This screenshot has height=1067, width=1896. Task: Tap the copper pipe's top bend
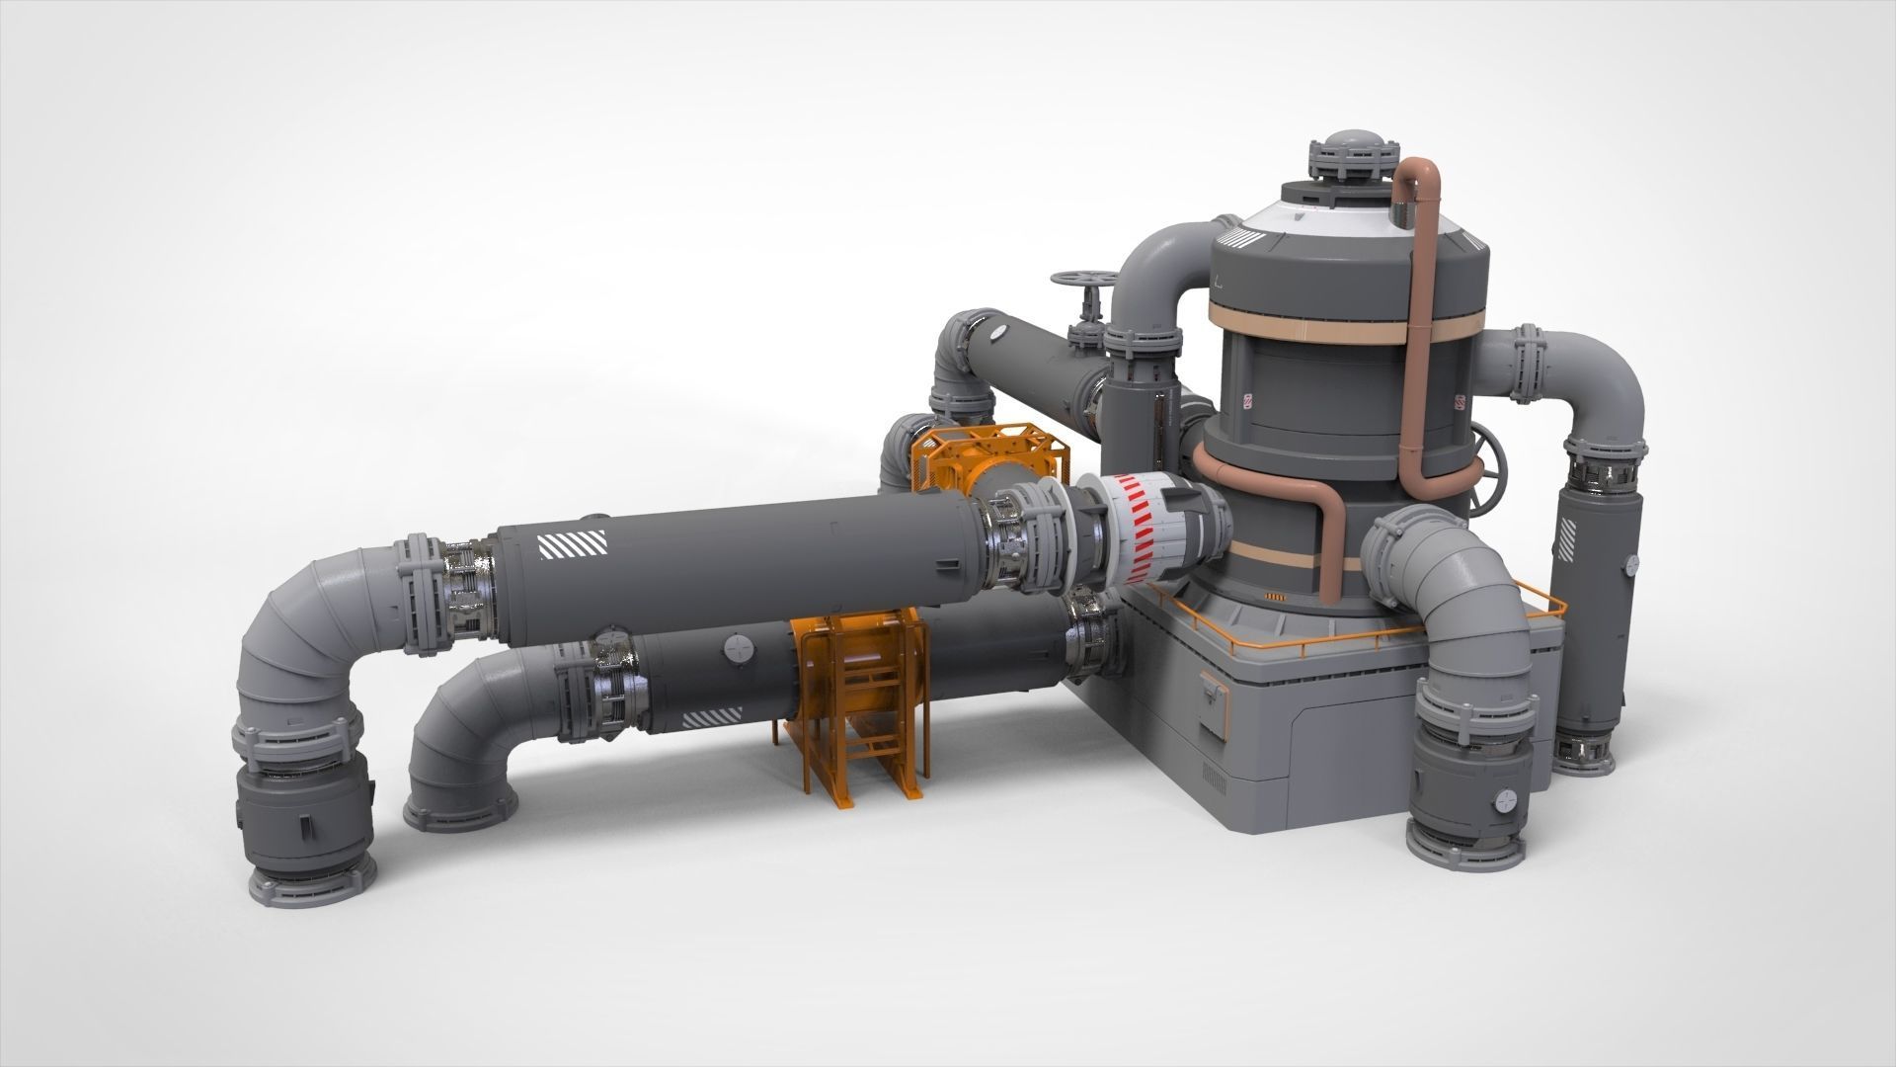(x=1420, y=168)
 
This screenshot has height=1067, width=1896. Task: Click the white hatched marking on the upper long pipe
(x=570, y=545)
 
